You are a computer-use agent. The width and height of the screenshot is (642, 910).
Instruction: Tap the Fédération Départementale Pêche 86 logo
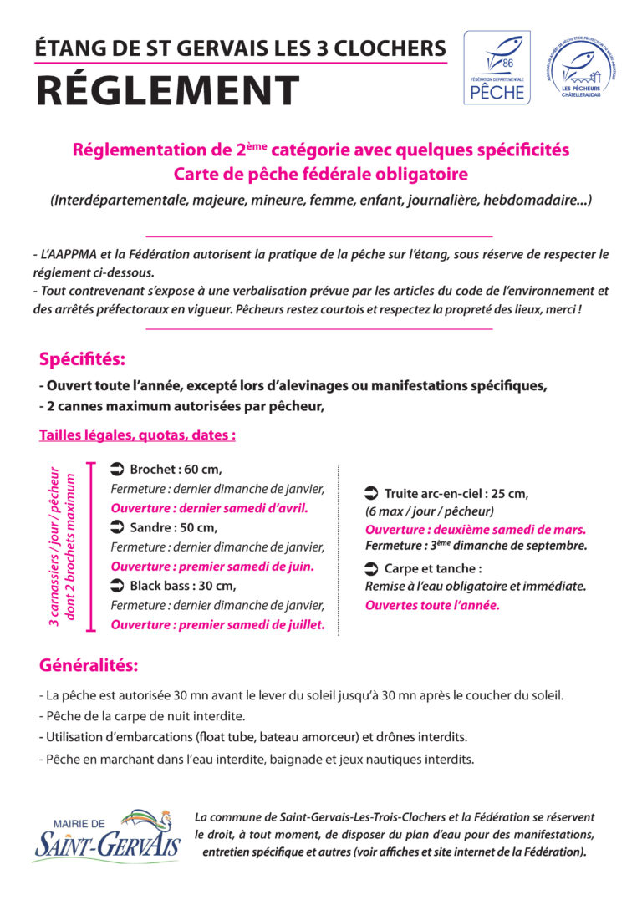coord(497,68)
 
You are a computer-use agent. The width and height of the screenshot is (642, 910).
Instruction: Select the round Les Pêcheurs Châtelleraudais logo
coord(581,68)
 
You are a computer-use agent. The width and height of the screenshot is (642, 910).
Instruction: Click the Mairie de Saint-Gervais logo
coord(106,836)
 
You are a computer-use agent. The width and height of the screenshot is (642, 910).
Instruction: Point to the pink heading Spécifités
coord(82,360)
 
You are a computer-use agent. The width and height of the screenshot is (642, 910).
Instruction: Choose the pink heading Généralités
coord(89,666)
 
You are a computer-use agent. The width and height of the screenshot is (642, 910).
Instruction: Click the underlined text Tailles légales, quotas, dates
coord(137,435)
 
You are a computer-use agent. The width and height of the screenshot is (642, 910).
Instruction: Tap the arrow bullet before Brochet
coord(117,469)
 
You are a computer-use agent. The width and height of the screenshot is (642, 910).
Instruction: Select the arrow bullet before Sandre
coord(117,527)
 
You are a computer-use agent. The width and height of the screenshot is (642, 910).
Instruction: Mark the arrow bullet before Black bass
coord(117,585)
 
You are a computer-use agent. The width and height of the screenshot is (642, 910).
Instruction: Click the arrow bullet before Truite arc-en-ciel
coord(372,493)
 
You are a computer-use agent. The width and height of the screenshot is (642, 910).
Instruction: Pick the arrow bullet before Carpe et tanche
coord(372,568)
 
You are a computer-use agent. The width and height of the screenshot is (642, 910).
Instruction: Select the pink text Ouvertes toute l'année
coord(432,604)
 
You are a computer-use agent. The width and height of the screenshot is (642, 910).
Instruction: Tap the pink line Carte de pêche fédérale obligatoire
coord(320,175)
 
